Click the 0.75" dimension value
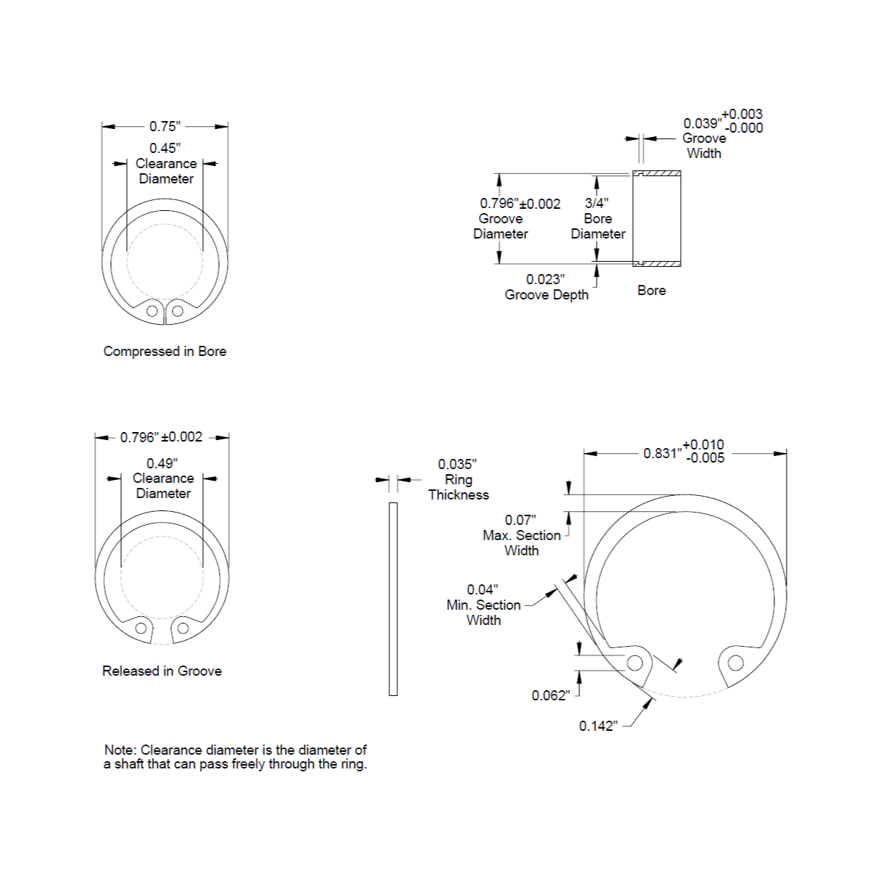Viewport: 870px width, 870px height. coord(165,126)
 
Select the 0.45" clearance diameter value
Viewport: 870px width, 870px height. coord(165,148)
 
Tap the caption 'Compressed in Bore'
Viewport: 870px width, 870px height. coord(165,351)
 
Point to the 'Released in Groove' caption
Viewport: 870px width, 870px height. coord(162,671)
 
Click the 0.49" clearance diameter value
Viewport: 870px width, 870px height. coord(162,463)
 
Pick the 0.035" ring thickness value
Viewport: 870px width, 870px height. coord(457,464)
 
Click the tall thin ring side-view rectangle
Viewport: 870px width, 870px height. coord(393,599)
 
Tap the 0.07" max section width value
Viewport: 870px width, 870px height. coord(521,520)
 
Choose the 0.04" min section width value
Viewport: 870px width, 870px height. coord(483,589)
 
